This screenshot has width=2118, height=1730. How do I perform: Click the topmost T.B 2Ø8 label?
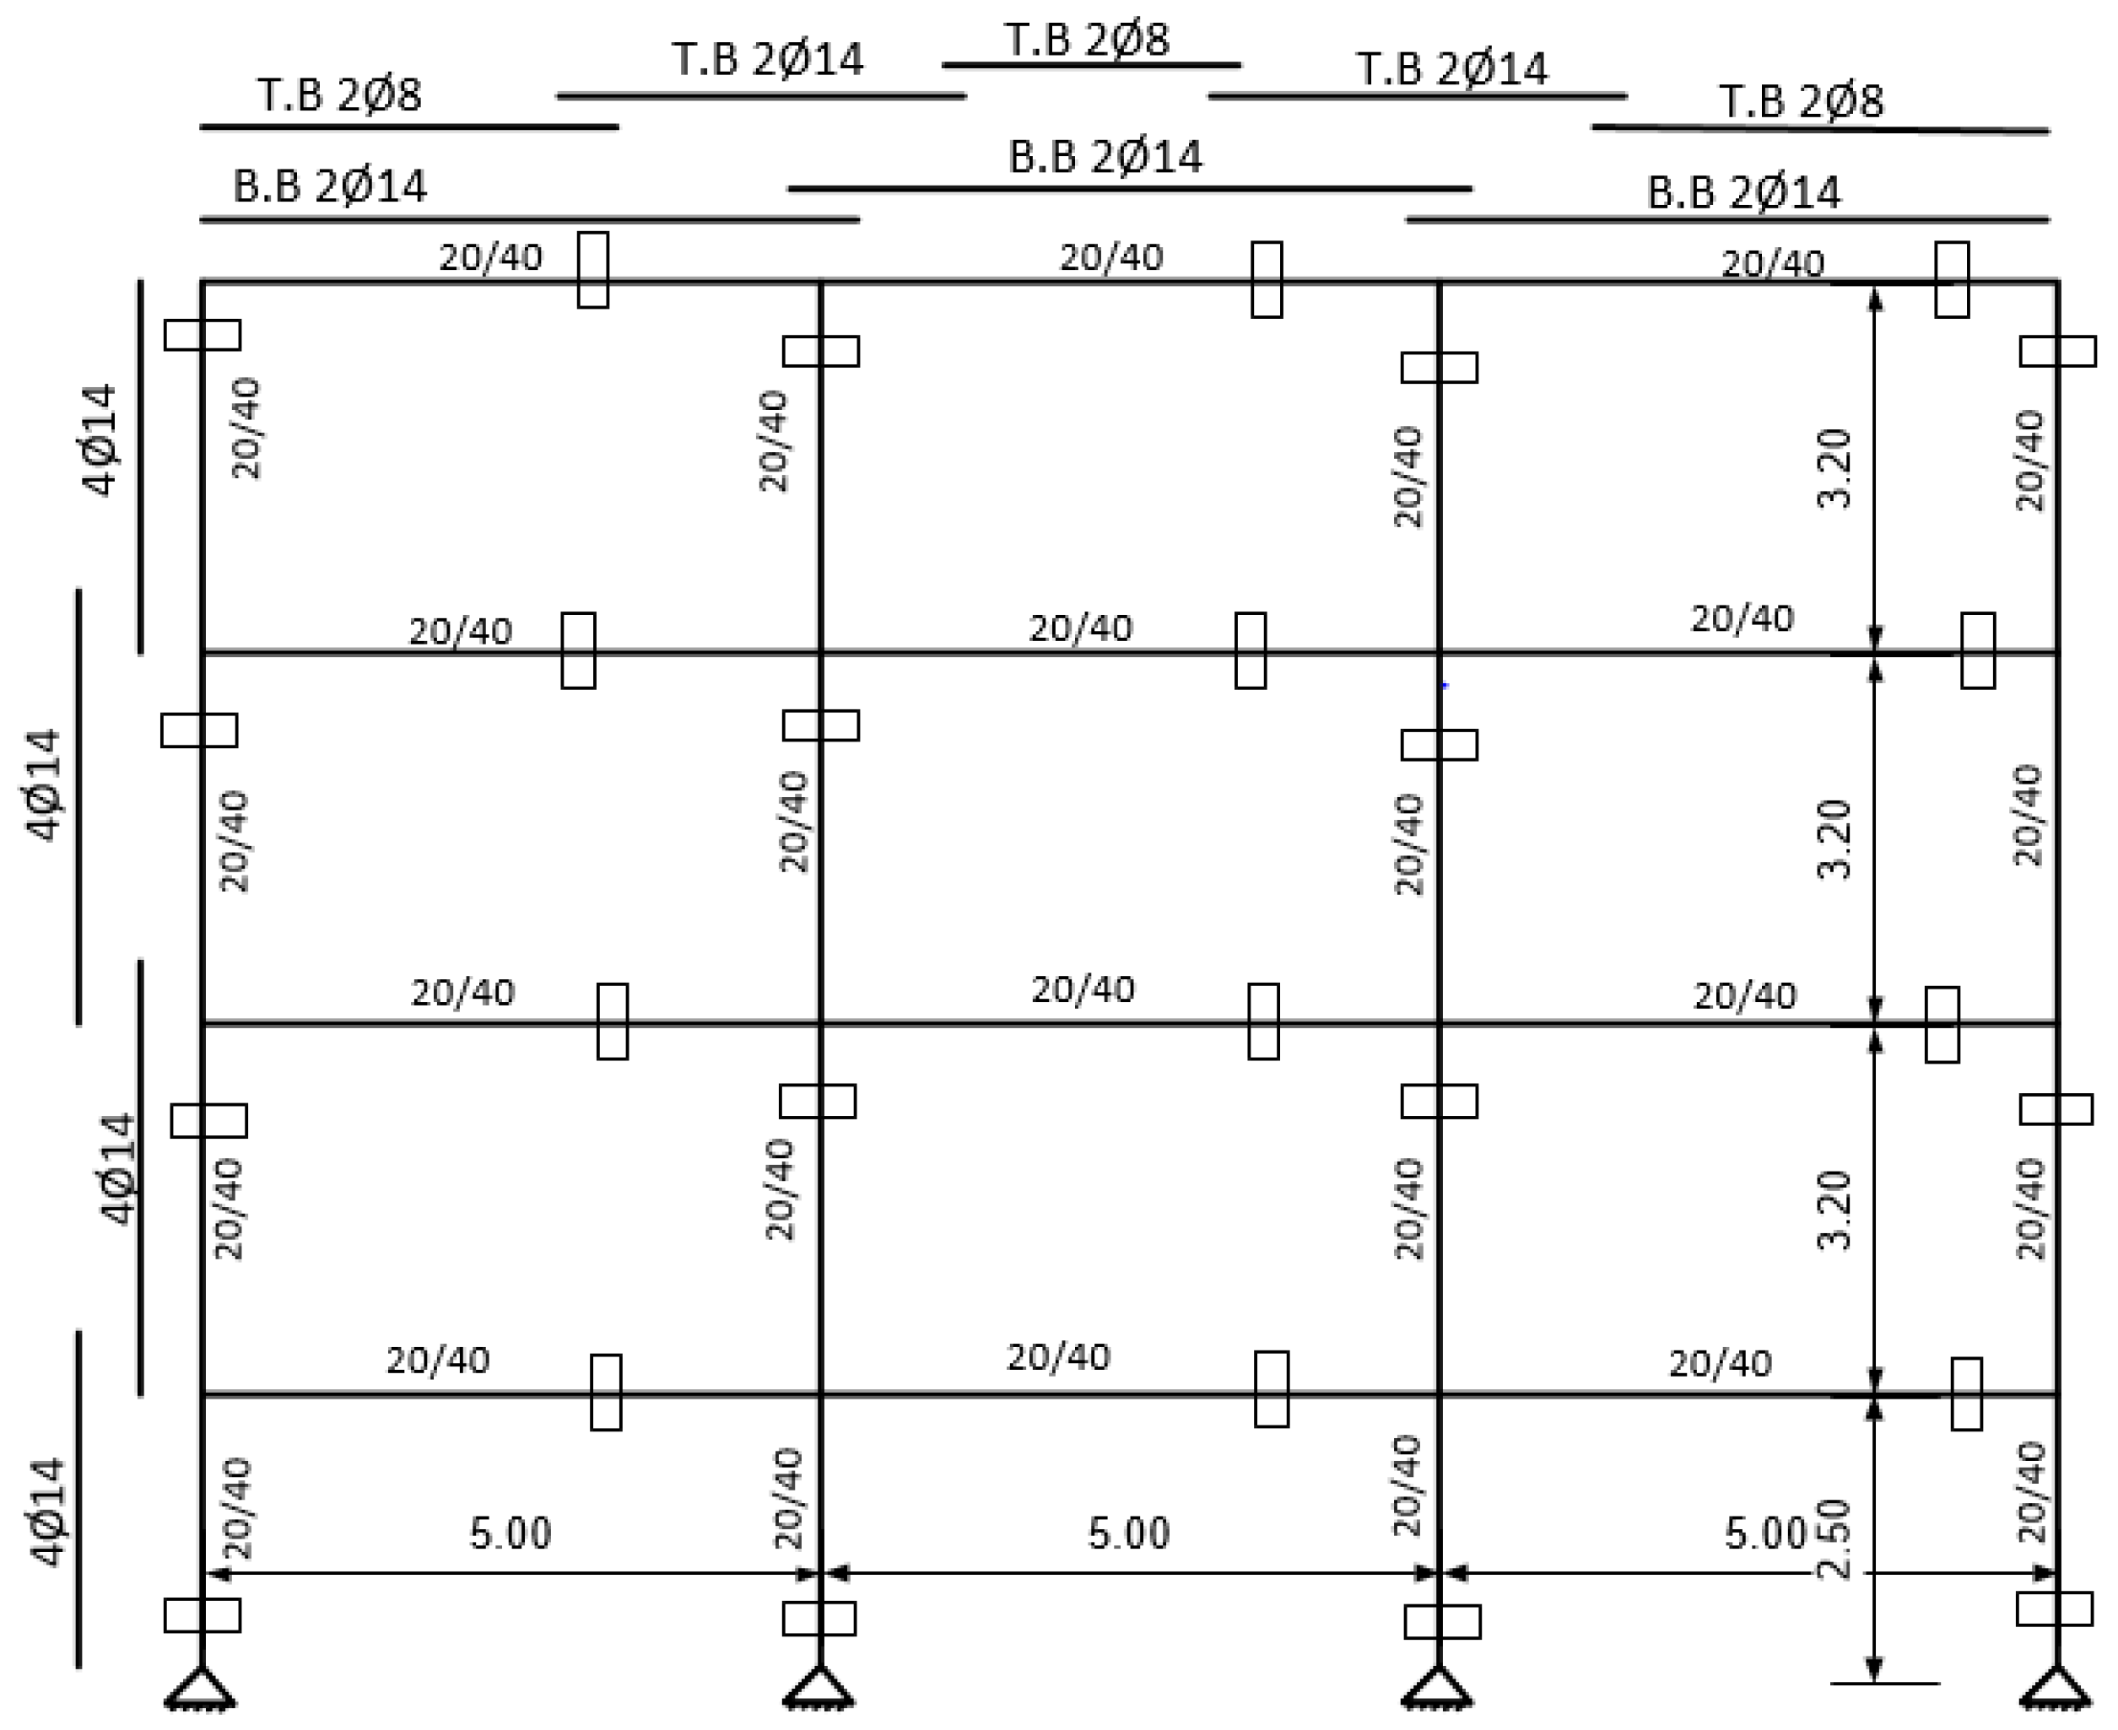(1088, 40)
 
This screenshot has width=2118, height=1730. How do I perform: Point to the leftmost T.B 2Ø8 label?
(340, 94)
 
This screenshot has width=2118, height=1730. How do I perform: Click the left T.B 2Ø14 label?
(768, 59)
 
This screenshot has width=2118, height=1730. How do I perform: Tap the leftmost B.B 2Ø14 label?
(330, 186)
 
